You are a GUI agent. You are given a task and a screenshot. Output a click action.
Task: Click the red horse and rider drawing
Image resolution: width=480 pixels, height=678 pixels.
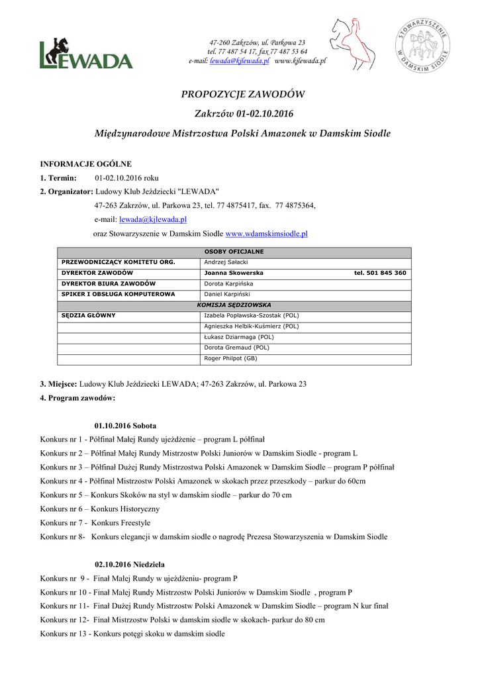pyautogui.click(x=352, y=44)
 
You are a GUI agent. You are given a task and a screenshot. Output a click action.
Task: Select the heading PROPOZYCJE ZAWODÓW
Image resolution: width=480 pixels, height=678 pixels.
pyautogui.click(x=243, y=95)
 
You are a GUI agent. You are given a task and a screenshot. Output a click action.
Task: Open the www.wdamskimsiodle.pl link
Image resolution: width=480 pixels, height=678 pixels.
pyautogui.click(x=267, y=234)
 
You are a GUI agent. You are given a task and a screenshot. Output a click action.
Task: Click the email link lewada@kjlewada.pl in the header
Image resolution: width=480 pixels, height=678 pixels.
pyautogui.click(x=239, y=61)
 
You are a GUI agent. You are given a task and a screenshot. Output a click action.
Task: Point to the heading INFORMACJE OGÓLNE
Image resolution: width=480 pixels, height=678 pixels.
pyautogui.click(x=86, y=164)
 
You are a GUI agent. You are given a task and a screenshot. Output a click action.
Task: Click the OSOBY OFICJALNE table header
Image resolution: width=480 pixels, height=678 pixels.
pyautogui.click(x=234, y=252)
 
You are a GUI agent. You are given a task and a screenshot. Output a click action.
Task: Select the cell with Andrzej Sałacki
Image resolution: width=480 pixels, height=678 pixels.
pyautogui.click(x=225, y=262)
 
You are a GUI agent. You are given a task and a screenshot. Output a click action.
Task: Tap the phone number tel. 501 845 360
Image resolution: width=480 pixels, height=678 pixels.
pyautogui.click(x=380, y=273)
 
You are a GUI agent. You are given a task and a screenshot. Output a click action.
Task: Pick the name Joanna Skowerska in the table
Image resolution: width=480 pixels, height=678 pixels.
pyautogui.click(x=234, y=273)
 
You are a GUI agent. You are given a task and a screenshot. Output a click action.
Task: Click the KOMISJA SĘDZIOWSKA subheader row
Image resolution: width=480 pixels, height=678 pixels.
pyautogui.click(x=234, y=305)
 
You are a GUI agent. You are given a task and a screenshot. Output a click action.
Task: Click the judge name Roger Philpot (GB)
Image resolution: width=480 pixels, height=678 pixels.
pyautogui.click(x=230, y=358)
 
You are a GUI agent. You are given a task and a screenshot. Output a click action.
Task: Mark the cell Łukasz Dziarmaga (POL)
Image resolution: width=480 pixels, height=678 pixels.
pyautogui.click(x=238, y=336)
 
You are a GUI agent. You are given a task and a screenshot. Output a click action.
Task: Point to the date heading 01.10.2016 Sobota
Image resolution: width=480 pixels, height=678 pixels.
pyautogui.click(x=126, y=425)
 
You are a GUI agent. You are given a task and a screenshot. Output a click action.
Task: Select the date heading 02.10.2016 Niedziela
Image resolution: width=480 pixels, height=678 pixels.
pyautogui.click(x=130, y=564)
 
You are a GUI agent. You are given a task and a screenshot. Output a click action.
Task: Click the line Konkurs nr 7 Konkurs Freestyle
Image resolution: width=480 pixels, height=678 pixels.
pyautogui.click(x=95, y=522)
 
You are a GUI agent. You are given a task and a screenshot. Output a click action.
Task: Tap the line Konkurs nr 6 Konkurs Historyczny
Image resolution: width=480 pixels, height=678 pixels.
pyautogui.click(x=99, y=508)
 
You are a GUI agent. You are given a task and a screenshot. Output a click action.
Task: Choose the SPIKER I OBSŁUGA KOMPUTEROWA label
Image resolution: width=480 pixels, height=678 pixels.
pyautogui.click(x=118, y=294)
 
